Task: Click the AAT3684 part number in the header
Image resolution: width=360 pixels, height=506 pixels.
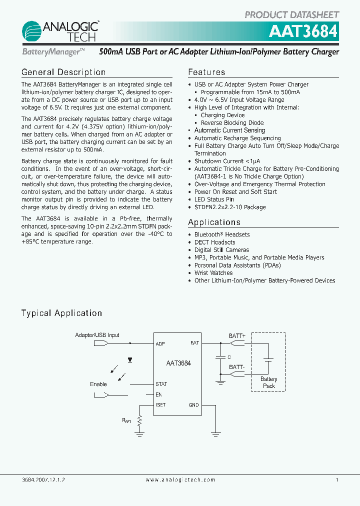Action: click(x=303, y=31)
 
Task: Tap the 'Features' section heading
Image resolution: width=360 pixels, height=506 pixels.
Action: click(x=206, y=72)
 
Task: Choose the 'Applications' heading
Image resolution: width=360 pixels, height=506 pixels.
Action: click(x=214, y=222)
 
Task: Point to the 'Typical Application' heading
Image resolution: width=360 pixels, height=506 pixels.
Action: click(x=61, y=313)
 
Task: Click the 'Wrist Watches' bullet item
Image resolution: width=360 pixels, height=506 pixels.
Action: click(x=213, y=273)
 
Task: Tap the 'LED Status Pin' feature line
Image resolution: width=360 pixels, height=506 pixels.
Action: click(x=214, y=199)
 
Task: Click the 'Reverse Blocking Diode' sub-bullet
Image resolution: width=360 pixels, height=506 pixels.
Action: click(x=232, y=123)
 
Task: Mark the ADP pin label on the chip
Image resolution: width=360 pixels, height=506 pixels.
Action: click(x=160, y=344)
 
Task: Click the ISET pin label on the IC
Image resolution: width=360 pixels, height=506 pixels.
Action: click(x=160, y=405)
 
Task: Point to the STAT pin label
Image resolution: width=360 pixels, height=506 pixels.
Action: click(x=161, y=384)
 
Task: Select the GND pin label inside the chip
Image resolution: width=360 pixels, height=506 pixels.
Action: click(x=193, y=405)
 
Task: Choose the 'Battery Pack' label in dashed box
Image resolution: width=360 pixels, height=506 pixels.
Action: click(x=269, y=382)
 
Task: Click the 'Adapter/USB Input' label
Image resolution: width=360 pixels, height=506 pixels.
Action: click(x=97, y=335)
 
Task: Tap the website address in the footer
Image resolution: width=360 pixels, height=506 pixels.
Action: click(x=180, y=479)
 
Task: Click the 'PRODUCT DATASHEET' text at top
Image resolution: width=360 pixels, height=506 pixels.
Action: click(x=291, y=14)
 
